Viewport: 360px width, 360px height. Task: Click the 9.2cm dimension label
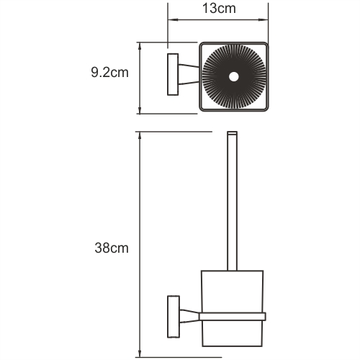click(x=110, y=73)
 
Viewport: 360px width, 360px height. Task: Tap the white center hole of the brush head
click(x=233, y=76)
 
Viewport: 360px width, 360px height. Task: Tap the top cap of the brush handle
click(x=233, y=135)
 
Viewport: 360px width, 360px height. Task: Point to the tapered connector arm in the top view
click(x=188, y=75)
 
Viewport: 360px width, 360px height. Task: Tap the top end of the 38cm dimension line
click(x=140, y=132)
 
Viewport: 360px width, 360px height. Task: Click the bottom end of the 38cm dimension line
click(x=140, y=354)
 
